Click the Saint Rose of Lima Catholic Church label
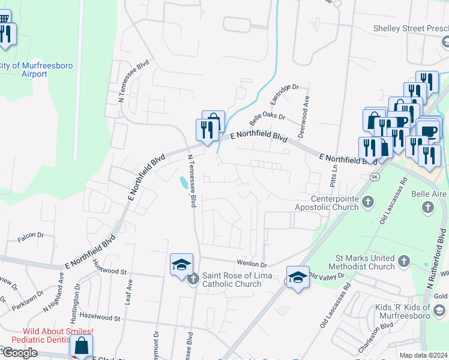click(237, 280)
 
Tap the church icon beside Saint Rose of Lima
click(193, 278)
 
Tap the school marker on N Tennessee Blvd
click(181, 264)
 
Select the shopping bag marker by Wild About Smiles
click(81, 346)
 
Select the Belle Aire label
click(428, 194)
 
